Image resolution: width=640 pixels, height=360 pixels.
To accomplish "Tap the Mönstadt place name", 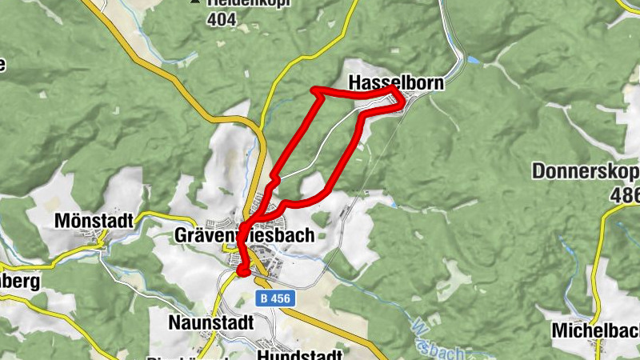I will tap(94, 219).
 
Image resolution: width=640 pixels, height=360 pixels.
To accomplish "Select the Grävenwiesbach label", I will tap(243, 235).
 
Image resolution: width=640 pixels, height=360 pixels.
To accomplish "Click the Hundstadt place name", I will tap(301, 353).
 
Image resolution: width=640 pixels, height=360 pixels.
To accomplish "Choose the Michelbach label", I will tap(595, 329).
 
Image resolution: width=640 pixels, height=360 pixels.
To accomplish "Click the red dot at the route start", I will tap(242, 271).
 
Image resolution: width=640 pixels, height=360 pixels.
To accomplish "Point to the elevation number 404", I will tap(221, 19).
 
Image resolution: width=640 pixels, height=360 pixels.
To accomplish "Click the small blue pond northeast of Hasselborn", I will tap(474, 60).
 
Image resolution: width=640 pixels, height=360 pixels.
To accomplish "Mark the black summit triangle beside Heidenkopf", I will tap(194, 2).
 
